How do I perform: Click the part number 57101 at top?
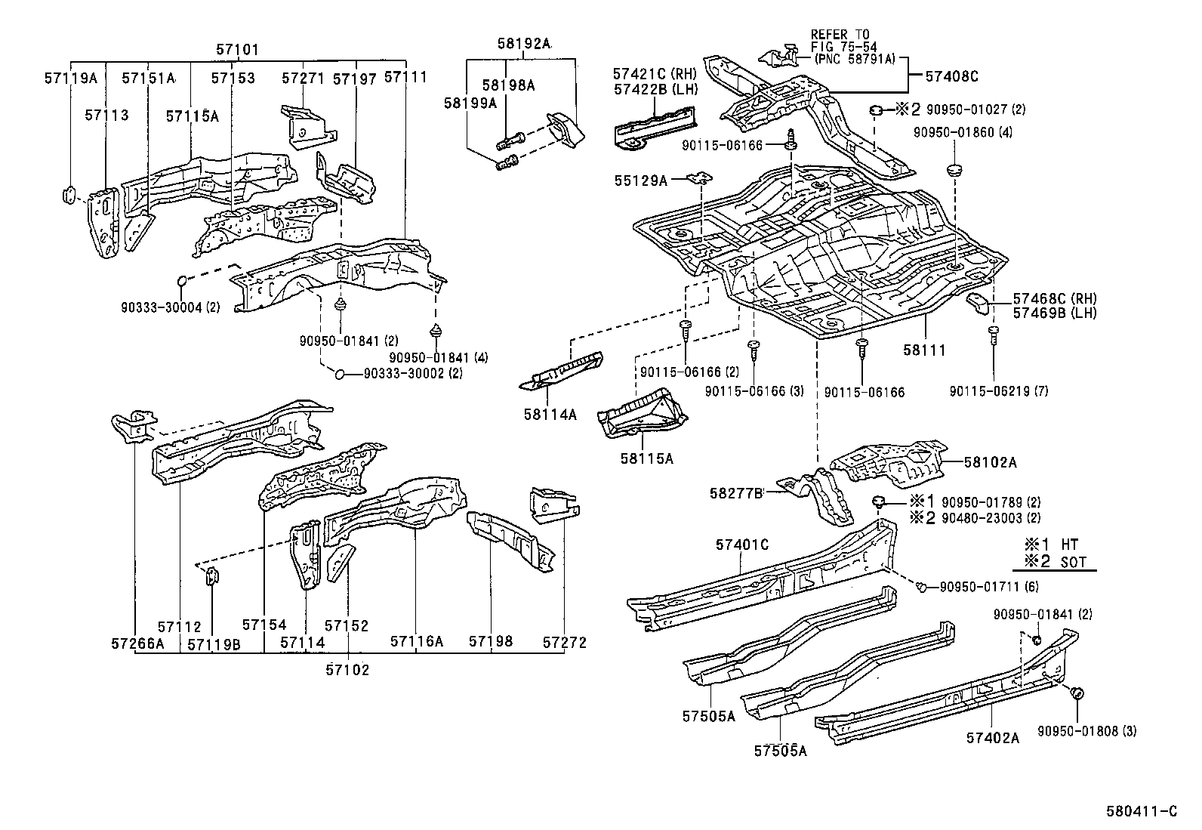[237, 50]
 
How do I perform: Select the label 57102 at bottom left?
[347, 669]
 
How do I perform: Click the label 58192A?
[523, 43]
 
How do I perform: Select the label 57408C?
[952, 76]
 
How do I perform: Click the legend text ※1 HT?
[1051, 544]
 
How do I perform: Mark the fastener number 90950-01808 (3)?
[1086, 730]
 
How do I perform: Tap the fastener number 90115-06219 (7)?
[999, 390]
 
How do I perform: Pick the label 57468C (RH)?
[1054, 298]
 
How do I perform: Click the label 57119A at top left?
[70, 78]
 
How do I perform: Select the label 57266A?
[137, 643]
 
